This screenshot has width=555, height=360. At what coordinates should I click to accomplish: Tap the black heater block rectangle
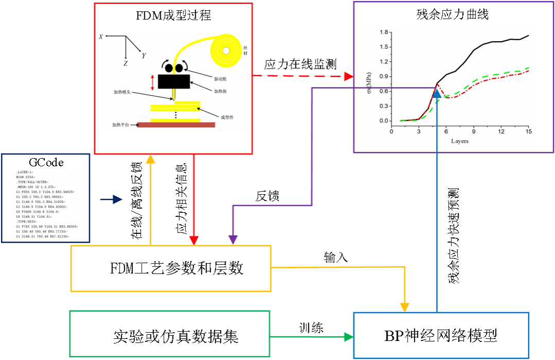[x=174, y=81]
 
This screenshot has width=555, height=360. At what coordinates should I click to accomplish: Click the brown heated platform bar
[x=176, y=124]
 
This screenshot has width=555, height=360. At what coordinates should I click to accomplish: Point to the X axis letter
[x=101, y=37]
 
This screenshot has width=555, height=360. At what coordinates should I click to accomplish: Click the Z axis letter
[x=126, y=63]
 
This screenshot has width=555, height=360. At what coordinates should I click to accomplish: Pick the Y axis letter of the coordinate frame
[x=144, y=55]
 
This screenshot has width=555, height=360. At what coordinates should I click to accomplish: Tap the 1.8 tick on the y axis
[x=383, y=32]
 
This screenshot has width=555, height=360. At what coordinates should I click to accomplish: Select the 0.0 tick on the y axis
[x=383, y=121]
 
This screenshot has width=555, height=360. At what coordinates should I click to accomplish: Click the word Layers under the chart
[x=460, y=141]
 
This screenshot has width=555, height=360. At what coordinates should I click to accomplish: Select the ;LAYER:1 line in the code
[x=25, y=172]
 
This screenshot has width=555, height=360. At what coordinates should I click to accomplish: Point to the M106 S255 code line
[x=27, y=177]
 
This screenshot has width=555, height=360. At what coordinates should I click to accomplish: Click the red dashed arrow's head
[x=349, y=76]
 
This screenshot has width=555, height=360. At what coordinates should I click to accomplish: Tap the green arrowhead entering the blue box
[x=349, y=337]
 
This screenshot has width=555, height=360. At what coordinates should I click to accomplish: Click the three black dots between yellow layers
[x=176, y=114]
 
